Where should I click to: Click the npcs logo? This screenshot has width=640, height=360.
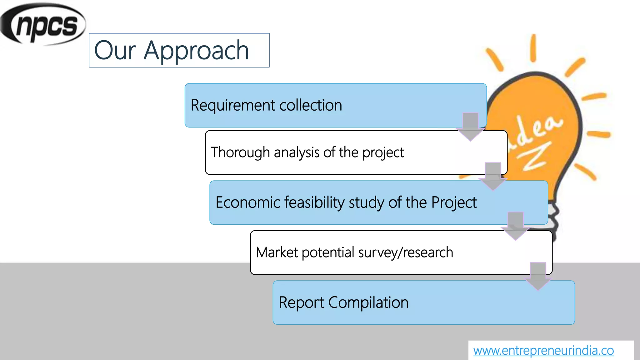pos(43,24)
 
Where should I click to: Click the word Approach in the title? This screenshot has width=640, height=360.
pos(196,51)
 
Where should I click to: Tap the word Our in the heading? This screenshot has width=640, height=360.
pos(115,51)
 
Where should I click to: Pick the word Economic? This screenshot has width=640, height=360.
pos(247,202)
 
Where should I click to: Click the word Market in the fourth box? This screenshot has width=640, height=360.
pos(277,252)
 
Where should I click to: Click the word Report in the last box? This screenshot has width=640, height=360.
pos(301,303)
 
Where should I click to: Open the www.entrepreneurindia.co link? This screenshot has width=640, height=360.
pos(543,351)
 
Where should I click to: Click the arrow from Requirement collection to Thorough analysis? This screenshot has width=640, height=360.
pos(470,127)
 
